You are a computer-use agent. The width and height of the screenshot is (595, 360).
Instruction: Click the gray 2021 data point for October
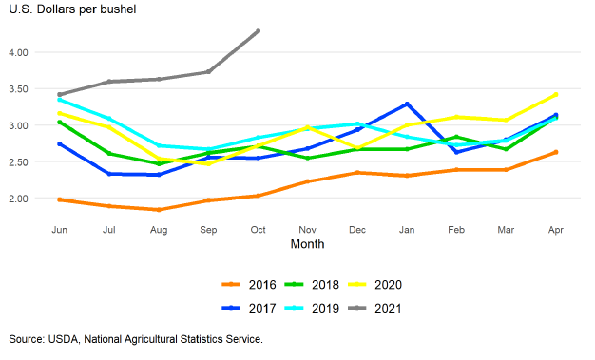[258, 31]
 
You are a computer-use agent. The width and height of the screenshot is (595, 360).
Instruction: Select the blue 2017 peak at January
[407, 104]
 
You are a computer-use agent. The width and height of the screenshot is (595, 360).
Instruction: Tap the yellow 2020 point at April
[556, 94]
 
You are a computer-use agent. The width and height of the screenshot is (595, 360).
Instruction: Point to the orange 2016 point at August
[159, 209]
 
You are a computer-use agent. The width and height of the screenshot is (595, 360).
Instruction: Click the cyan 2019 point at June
[60, 100]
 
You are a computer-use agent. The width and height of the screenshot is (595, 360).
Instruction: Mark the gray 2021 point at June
[60, 94]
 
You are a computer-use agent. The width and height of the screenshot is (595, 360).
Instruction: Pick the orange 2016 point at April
[556, 152]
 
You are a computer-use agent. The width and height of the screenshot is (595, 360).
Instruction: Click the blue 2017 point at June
[60, 144]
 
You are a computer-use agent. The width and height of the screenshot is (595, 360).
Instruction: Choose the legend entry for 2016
[249, 285]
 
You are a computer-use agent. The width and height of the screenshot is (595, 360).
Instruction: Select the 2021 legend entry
[374, 308]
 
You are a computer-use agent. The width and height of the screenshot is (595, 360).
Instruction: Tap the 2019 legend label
[325, 308]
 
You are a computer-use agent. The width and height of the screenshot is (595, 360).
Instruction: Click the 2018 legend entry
[312, 285]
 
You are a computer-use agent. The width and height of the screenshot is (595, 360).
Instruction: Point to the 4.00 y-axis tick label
[18, 52]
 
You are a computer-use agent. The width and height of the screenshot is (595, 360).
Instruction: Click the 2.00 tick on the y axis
[18, 199]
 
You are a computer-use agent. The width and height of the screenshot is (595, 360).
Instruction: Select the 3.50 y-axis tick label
[18, 89]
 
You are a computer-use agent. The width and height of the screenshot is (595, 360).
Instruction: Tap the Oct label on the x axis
[258, 230]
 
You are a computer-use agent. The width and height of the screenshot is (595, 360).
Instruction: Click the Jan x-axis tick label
[407, 230]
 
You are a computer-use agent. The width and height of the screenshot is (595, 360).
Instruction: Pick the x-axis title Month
[307, 244]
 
